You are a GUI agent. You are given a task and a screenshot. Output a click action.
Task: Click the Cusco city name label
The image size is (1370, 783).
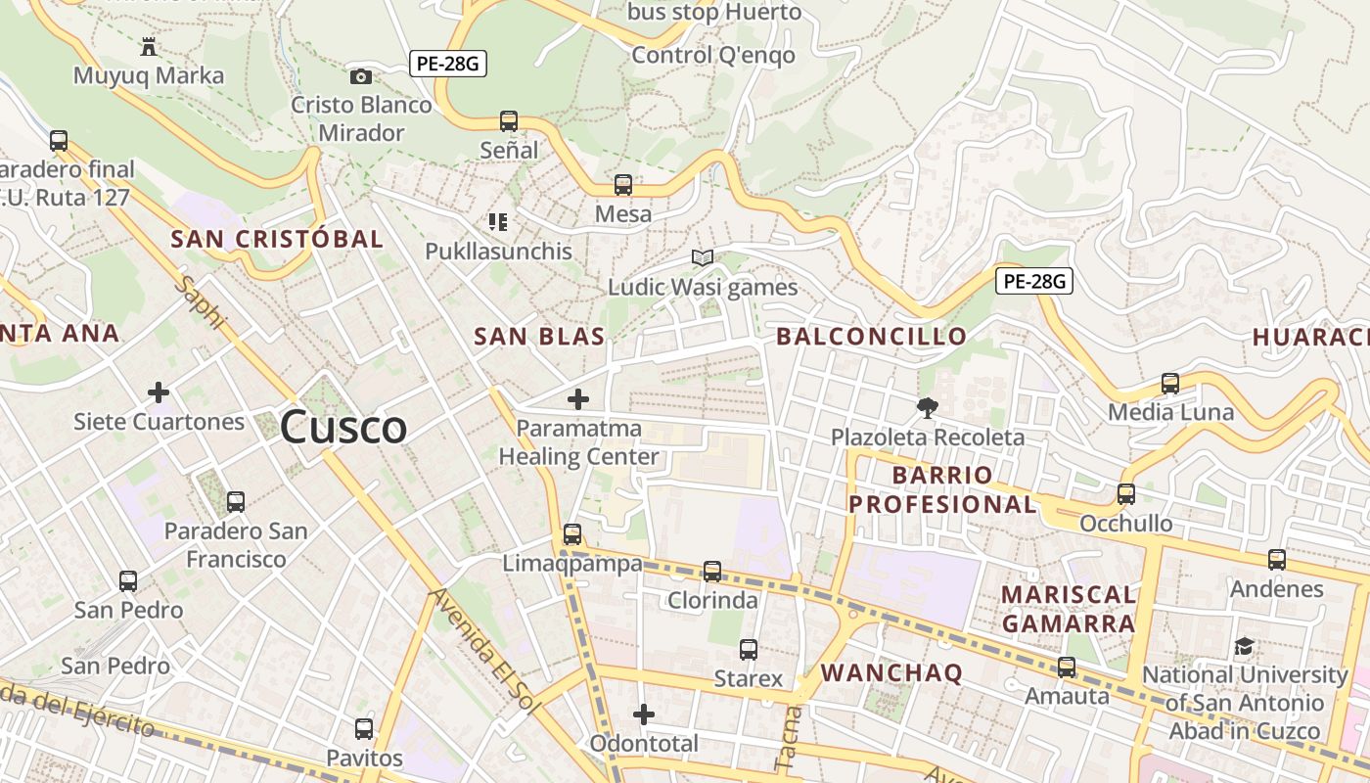[x=343, y=428]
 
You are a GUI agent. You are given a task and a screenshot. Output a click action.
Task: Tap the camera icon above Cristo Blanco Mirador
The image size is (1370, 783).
[x=361, y=76]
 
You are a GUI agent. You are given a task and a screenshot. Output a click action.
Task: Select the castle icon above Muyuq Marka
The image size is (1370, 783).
[x=149, y=46]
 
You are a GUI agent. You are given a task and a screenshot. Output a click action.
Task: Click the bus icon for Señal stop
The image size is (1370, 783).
[x=509, y=121]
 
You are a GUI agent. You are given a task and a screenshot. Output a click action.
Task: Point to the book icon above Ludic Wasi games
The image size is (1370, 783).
[x=703, y=257]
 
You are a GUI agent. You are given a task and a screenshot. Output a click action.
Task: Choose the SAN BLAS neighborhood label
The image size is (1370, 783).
[x=539, y=337]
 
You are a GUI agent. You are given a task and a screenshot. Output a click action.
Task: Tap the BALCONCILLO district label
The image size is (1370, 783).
[x=871, y=337]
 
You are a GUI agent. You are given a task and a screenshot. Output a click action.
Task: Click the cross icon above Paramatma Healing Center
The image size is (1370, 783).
[x=578, y=399]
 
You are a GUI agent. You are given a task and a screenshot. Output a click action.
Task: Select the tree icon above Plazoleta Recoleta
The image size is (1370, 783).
[x=927, y=407]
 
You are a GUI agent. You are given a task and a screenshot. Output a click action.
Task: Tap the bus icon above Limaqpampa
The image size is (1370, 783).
[x=572, y=534]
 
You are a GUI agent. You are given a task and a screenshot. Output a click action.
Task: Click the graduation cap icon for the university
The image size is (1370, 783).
[x=1244, y=646]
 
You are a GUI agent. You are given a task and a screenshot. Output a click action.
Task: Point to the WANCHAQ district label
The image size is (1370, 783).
[x=891, y=672]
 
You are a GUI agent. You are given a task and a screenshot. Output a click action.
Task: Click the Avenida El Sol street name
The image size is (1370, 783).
[x=483, y=650]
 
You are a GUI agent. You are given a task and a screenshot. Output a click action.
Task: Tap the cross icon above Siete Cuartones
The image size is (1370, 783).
[x=159, y=393]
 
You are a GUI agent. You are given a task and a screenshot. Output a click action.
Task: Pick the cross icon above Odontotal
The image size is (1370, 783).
[x=644, y=714]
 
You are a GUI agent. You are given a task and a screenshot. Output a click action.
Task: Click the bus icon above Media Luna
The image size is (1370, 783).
[x=1170, y=383]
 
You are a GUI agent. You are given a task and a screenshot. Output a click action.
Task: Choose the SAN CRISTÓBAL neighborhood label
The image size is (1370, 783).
[x=277, y=239]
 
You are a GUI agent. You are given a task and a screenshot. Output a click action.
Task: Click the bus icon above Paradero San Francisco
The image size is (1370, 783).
[x=235, y=502]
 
